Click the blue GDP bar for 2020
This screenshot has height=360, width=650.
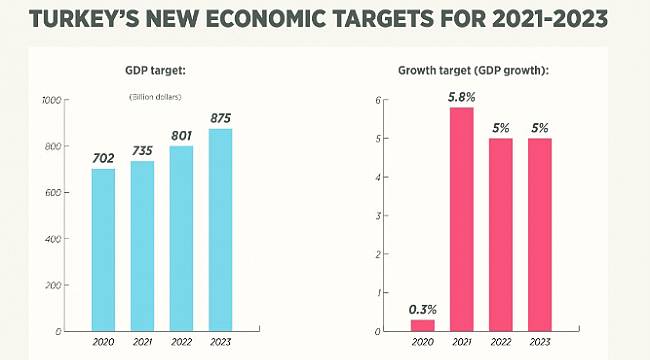pyautogui.click(x=103, y=249)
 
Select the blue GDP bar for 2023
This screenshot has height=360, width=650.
pyautogui.click(x=220, y=229)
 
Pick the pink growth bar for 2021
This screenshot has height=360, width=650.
pyautogui.click(x=461, y=219)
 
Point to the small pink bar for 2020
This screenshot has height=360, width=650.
pyautogui.click(x=422, y=324)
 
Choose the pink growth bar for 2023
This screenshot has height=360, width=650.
pyautogui.click(x=539, y=234)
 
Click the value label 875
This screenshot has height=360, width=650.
pyautogui.click(x=220, y=118)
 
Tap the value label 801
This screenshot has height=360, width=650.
pyautogui.click(x=181, y=136)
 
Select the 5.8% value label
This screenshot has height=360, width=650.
pyautogui.click(x=461, y=96)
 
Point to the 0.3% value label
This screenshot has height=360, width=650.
pyautogui.click(x=423, y=308)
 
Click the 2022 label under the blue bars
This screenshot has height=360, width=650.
pyautogui.click(x=181, y=342)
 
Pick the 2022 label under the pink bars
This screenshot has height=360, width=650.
pyautogui.click(x=500, y=342)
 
